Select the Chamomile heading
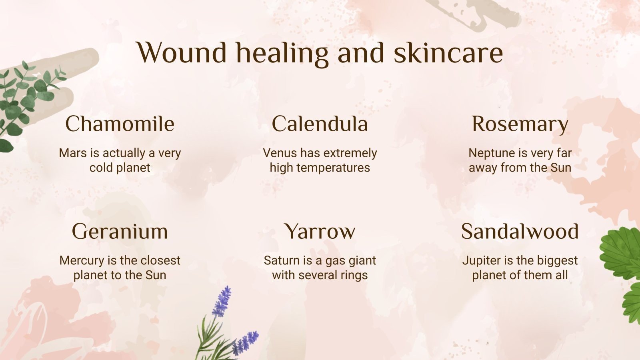coord(120,124)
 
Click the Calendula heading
coord(320,124)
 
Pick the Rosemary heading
coord(520,124)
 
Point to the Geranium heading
coord(120,231)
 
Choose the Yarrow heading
coord(320,231)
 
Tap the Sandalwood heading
coord(520,231)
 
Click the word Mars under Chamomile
coord(72,153)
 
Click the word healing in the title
coord(282,53)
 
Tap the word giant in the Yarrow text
coord(363,260)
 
